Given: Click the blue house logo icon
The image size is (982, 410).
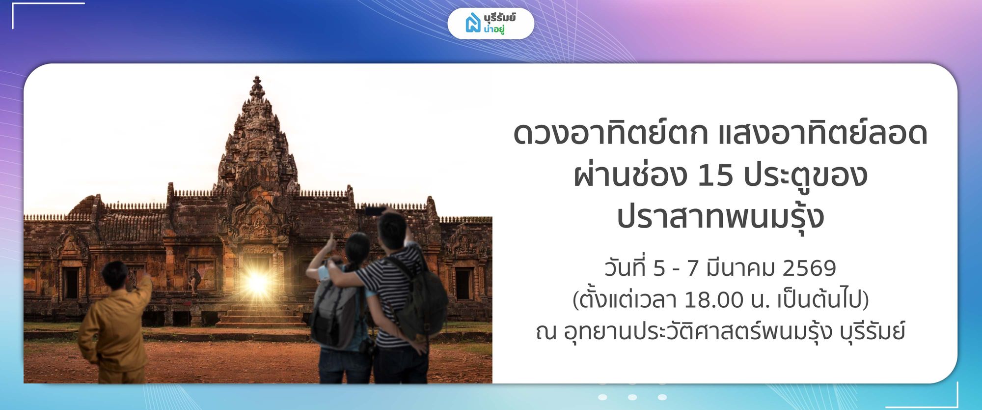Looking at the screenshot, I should click(x=472, y=23).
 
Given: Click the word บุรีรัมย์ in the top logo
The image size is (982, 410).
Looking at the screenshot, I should click(x=499, y=18).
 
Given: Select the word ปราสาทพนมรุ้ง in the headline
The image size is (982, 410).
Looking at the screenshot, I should click(x=720, y=218).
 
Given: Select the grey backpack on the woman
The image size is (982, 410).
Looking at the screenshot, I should click(x=334, y=315).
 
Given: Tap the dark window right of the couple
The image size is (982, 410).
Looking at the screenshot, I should click(x=463, y=284).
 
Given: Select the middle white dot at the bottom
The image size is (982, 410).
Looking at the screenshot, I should click(x=632, y=397).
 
